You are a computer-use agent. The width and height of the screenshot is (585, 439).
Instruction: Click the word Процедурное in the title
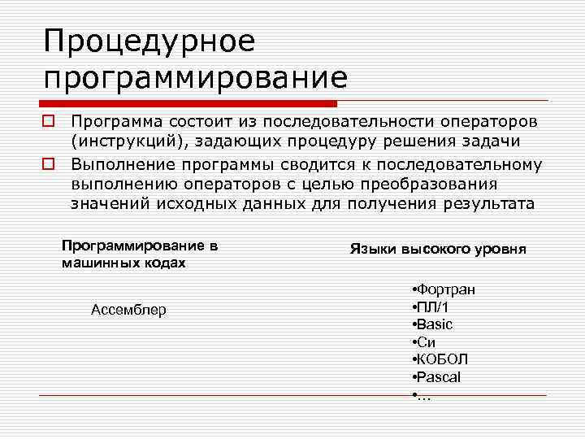(149, 41)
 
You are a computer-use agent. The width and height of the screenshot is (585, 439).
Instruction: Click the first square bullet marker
(49, 121)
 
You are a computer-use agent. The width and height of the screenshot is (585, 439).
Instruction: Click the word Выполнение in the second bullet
(120, 164)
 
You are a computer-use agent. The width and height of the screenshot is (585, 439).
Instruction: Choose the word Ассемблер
(128, 310)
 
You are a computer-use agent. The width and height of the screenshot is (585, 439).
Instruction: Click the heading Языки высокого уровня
(438, 250)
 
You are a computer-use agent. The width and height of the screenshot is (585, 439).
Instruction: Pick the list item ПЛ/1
(435, 307)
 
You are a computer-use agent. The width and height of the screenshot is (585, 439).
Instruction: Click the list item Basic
(435, 324)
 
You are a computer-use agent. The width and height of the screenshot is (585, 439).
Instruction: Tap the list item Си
(427, 342)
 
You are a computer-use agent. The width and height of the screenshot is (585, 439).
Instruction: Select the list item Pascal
(440, 377)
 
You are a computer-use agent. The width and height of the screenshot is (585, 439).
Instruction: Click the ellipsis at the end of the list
(423, 396)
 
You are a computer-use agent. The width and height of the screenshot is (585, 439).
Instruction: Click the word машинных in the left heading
(96, 263)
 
